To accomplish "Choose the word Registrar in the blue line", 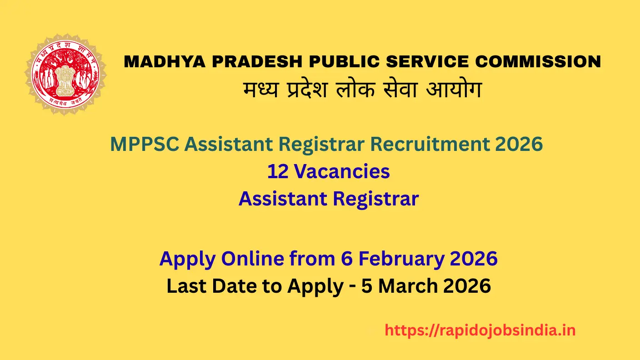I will tap(375, 199).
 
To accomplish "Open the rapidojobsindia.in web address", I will tap(480, 330).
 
